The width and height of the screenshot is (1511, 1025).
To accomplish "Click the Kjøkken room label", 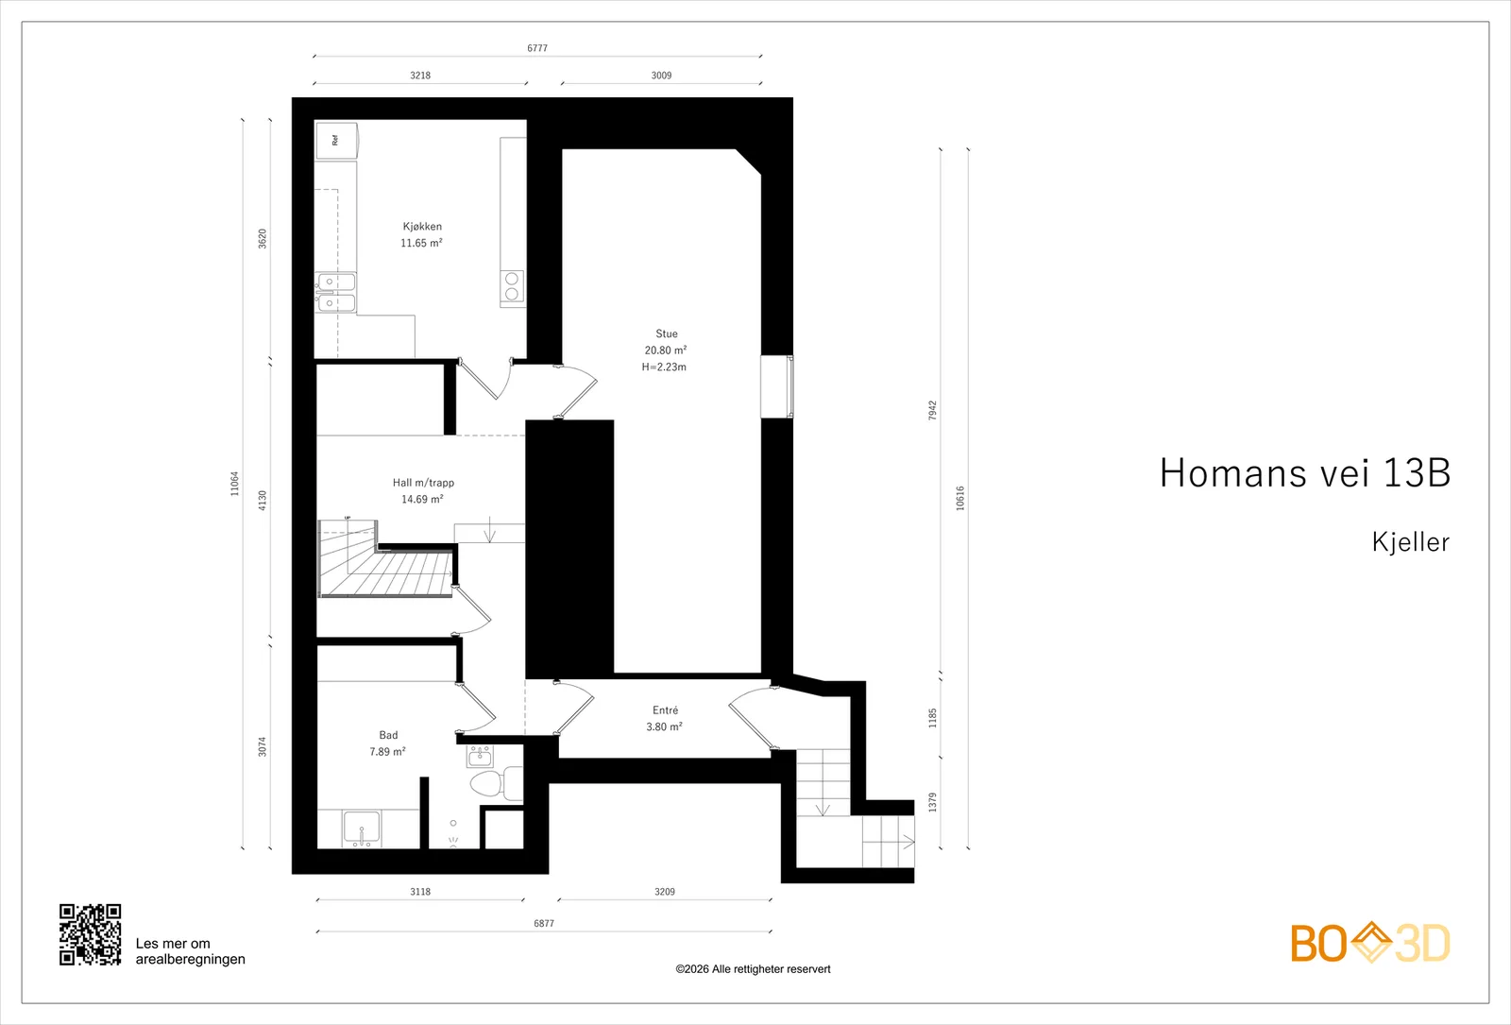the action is point(422,227).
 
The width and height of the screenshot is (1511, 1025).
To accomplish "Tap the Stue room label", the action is point(667,333).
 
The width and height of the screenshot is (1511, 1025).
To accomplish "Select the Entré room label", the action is point(665,709).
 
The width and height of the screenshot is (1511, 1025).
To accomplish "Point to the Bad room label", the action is point(388,735).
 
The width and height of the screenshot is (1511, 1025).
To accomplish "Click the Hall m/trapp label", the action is point(424,483).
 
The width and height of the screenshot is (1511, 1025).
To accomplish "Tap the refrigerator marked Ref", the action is point(336,141).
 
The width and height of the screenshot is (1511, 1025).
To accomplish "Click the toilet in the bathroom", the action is point(496,784).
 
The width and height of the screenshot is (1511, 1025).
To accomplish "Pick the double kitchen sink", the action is point(336,293).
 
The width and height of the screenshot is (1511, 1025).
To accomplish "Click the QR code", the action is point(91,934).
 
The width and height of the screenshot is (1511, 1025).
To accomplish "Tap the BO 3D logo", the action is point(1370,943).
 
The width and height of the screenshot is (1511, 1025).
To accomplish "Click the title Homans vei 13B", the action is point(1305,472).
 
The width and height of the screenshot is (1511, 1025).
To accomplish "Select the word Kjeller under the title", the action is point(1411,542).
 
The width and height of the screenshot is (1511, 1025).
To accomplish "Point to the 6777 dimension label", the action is point(537,48).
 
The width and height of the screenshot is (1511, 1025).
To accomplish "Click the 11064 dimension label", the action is point(235,484).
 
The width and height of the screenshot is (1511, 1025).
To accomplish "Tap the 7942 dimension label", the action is point(932,410).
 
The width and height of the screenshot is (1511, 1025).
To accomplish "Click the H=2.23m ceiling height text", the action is point(665,367).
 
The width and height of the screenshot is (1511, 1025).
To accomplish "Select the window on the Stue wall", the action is point(777,386).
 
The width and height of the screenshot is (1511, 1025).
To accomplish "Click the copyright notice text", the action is point(753,969).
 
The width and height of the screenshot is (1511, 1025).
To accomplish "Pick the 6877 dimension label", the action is point(544,923).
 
